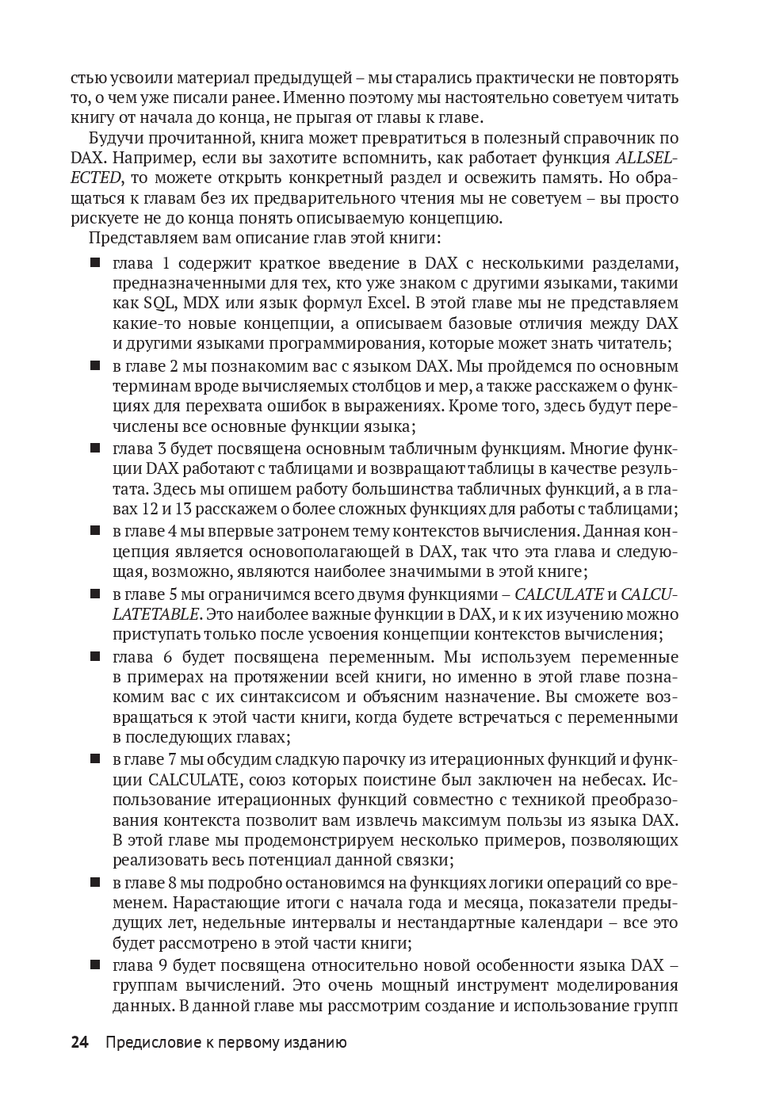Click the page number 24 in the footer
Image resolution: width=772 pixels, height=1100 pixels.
click(x=79, y=1042)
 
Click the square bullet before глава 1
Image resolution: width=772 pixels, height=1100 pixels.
click(x=95, y=262)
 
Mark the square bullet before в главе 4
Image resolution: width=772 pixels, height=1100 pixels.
click(x=95, y=530)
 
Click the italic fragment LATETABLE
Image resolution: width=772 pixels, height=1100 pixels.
click(x=156, y=614)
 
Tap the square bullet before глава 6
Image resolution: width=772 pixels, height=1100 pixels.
click(x=95, y=656)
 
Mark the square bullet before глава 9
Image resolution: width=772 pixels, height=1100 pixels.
click(x=95, y=964)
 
